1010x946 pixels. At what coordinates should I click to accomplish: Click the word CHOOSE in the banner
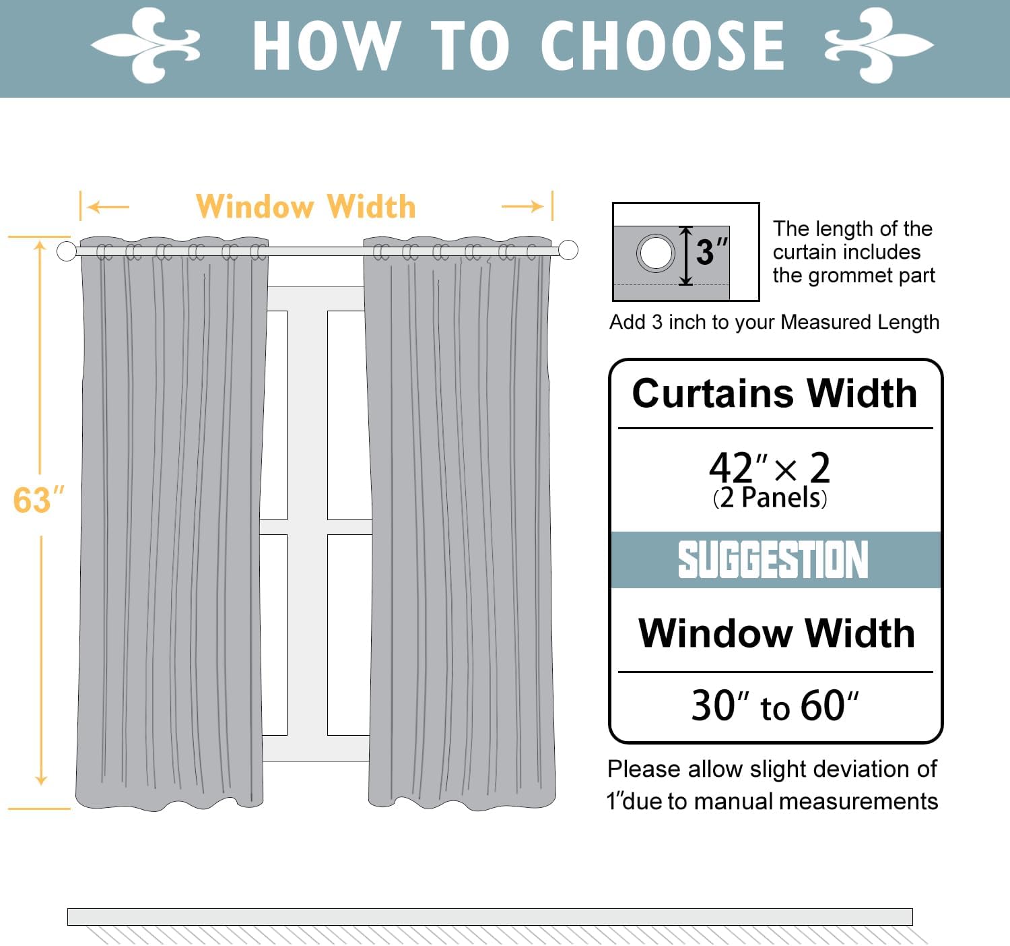point(663,46)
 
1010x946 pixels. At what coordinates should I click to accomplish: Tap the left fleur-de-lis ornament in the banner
point(146,45)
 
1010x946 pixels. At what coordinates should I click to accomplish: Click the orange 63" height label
point(38,501)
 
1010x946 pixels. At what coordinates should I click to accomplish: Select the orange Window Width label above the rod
point(306,207)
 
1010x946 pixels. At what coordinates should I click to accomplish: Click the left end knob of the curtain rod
point(67,251)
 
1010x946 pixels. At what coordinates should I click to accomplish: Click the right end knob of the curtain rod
point(568,250)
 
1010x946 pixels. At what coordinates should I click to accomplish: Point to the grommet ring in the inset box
point(655,253)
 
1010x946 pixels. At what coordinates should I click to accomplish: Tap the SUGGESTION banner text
point(773,560)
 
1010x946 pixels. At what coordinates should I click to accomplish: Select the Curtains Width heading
point(774,393)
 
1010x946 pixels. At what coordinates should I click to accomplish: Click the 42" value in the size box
point(737,468)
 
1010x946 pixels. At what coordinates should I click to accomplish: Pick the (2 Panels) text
point(770,499)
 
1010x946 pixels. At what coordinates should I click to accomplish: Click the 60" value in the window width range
point(829,706)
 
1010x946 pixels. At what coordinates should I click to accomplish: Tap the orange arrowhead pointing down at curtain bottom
point(41,780)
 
